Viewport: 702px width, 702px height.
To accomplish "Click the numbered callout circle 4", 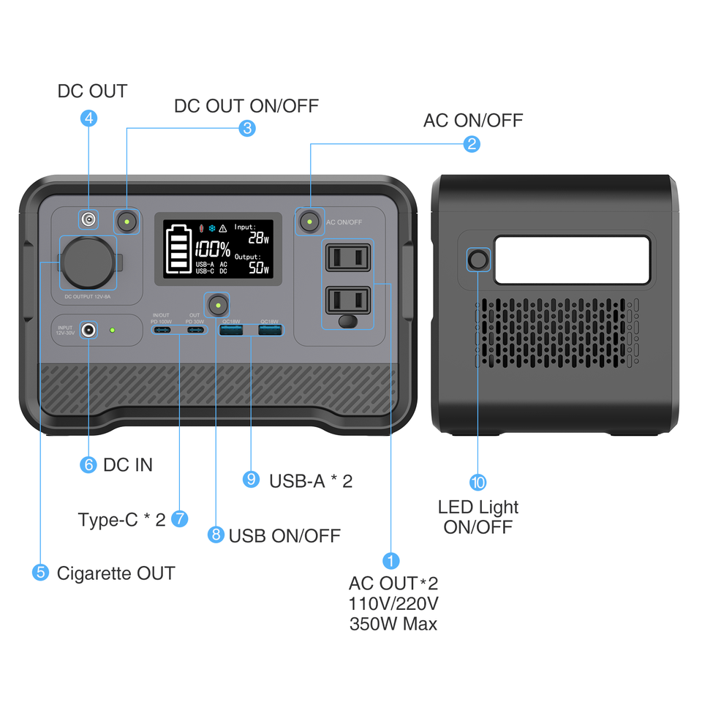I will [x=88, y=118].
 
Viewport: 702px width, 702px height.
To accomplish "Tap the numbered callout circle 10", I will [x=478, y=482].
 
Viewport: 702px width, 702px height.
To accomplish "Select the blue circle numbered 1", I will [x=391, y=561].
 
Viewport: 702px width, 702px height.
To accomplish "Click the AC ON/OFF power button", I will [x=310, y=221].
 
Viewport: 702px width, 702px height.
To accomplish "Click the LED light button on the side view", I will [x=478, y=260].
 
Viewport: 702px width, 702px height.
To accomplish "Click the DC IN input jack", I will [x=89, y=330].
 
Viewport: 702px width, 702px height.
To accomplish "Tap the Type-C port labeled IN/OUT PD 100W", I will [x=162, y=331].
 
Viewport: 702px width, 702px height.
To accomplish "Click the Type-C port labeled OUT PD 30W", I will [x=195, y=331].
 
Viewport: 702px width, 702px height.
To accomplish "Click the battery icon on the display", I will [x=178, y=250].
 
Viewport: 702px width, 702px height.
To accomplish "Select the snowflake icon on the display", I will [x=212, y=228].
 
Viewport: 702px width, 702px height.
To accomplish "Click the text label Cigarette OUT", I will [x=116, y=573].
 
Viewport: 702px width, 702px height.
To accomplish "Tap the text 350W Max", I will [x=393, y=624].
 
